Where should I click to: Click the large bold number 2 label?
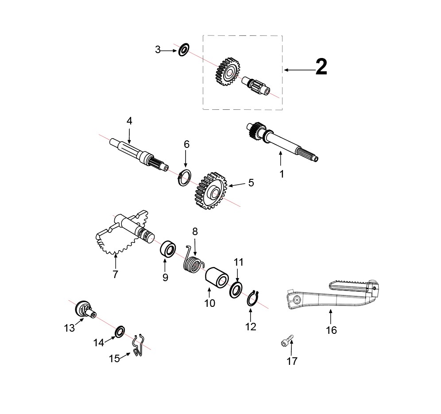coord(321,66)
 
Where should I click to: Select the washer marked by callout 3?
coord(184,50)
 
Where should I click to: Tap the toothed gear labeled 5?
coord(211,192)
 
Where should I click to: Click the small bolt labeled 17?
coord(287,341)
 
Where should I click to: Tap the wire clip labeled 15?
coord(138,346)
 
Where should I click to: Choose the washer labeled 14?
coord(120,332)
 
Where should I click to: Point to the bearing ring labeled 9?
coord(168,248)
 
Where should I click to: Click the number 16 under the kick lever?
coord(331,330)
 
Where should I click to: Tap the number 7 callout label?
coord(115,274)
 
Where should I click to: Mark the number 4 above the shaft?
coord(129,121)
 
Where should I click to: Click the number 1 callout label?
coord(282,174)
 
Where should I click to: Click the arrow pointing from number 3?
coord(169,50)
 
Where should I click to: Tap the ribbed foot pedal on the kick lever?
coord(353,286)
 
